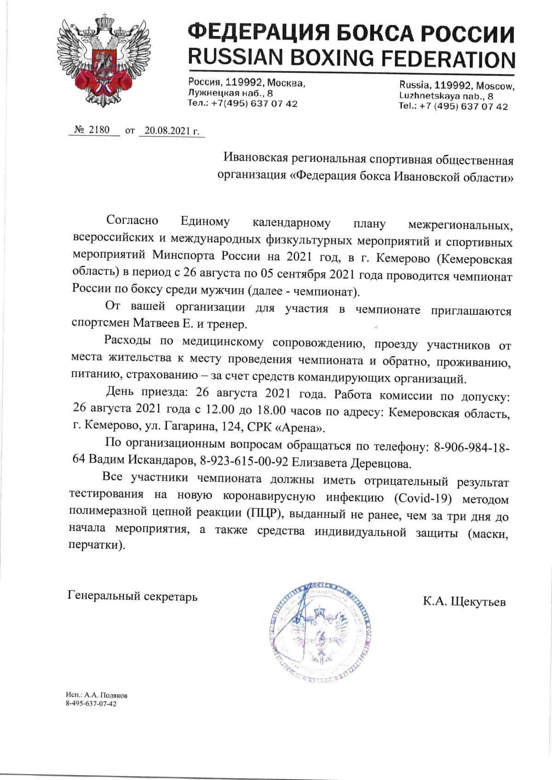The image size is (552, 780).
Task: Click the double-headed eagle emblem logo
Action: click(x=101, y=60)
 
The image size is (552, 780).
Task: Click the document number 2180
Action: click(x=99, y=130)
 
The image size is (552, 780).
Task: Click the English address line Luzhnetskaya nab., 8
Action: click(x=446, y=96)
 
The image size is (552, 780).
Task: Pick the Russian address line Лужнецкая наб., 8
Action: click(x=230, y=93)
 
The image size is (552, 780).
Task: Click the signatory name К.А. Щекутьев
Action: click(x=464, y=602)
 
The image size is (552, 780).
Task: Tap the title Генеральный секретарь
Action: click(x=132, y=597)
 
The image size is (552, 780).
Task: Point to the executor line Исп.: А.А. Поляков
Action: click(x=97, y=695)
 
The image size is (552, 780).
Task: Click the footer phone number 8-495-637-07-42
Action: click(x=91, y=704)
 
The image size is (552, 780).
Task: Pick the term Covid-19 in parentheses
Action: click(x=425, y=498)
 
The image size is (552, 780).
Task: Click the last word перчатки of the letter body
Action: click(x=95, y=546)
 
